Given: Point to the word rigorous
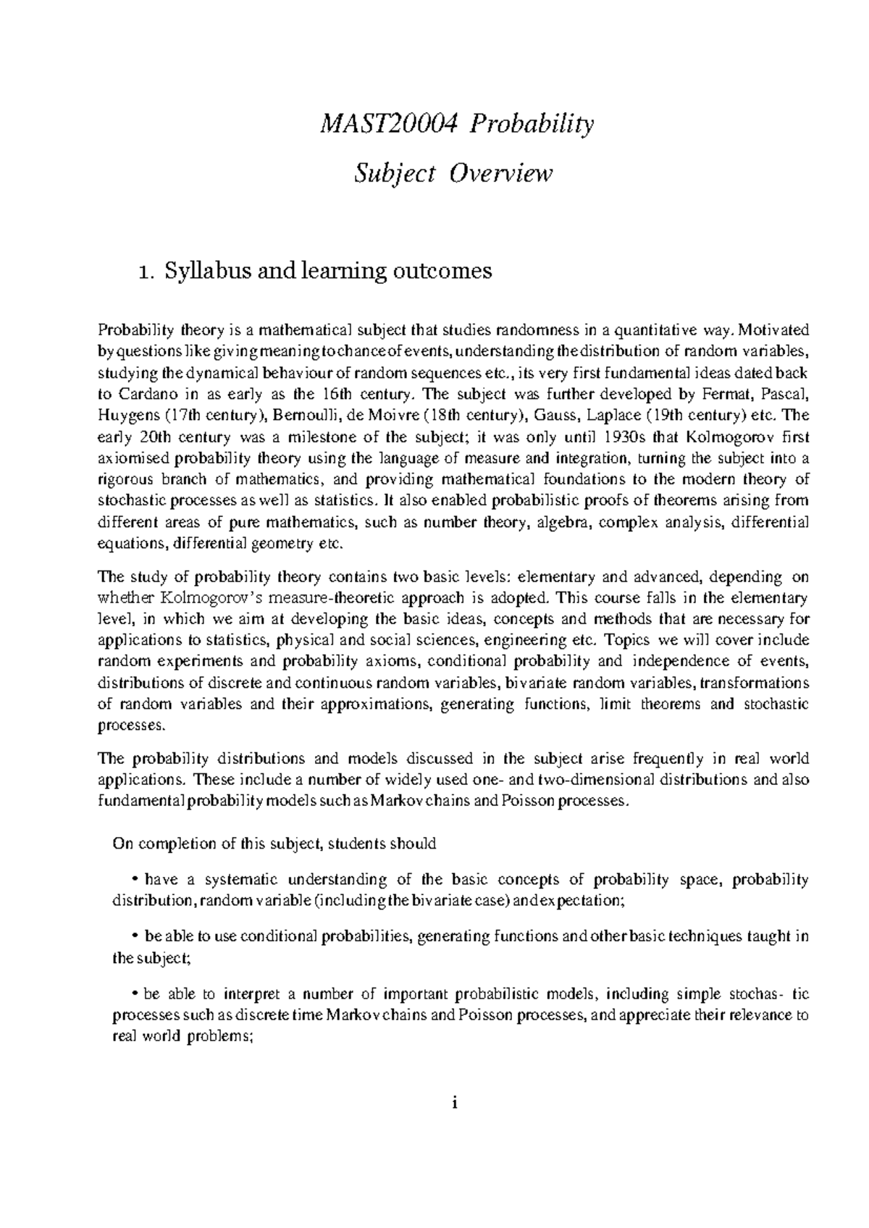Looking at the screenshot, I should coord(125,479).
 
